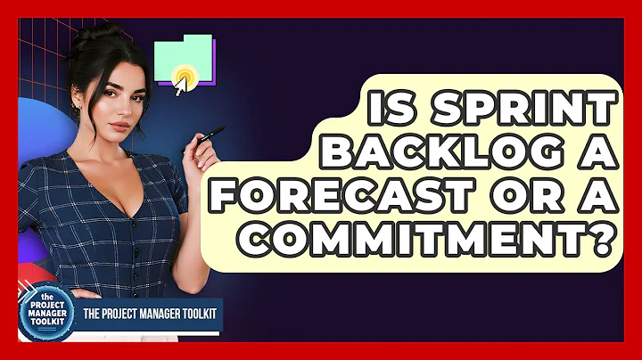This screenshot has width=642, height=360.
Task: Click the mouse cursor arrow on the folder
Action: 180,86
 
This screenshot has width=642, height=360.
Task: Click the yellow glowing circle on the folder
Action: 185,75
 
